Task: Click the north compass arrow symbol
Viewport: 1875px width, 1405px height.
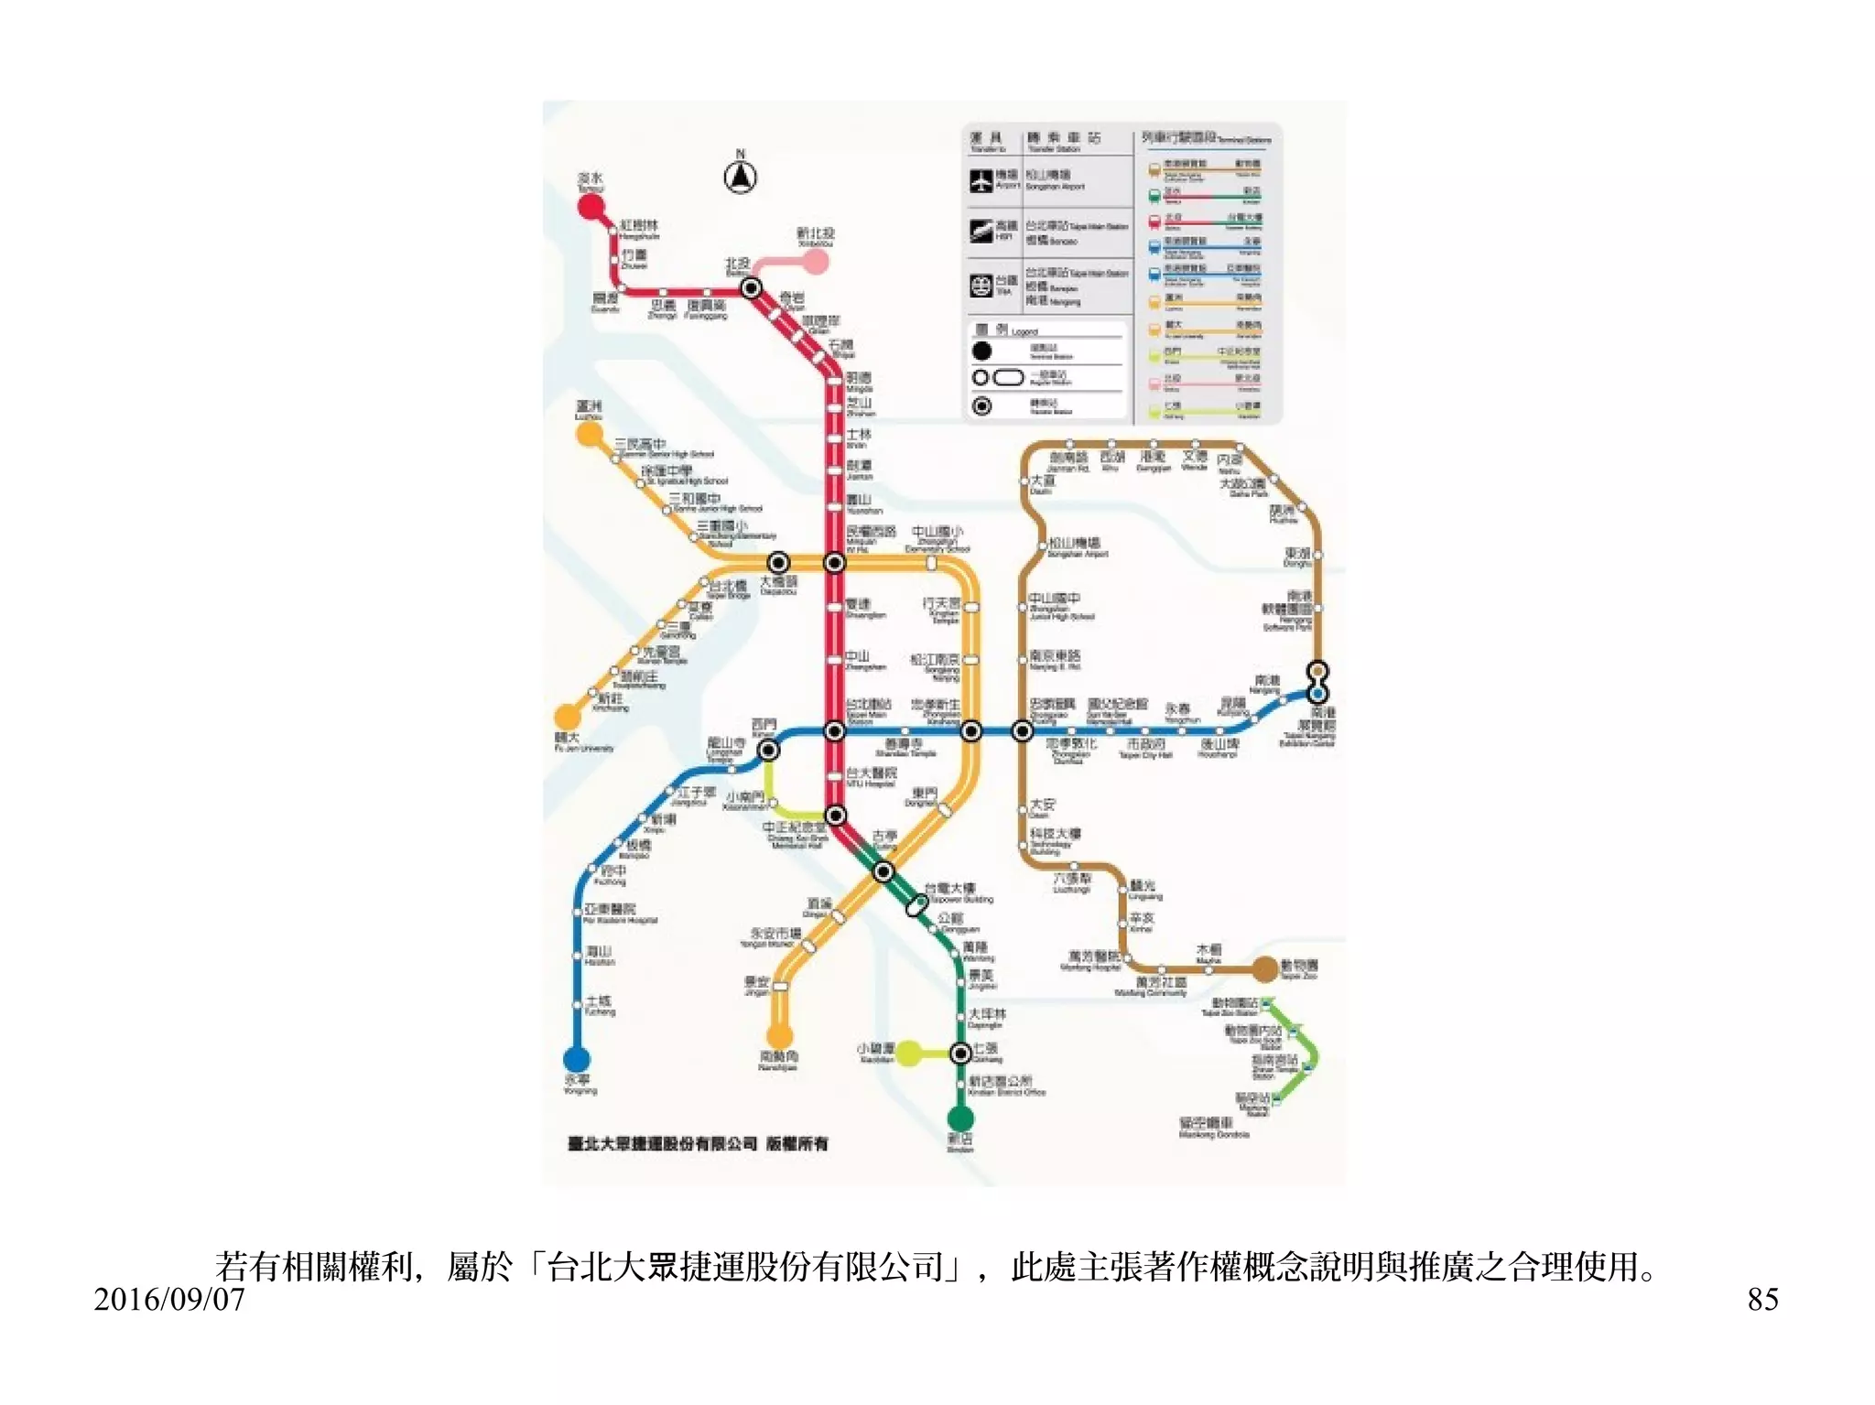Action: (x=740, y=176)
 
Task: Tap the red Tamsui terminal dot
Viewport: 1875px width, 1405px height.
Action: (x=591, y=206)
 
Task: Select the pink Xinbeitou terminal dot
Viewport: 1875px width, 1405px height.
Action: (x=816, y=262)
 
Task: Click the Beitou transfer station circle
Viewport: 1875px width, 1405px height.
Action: (x=751, y=288)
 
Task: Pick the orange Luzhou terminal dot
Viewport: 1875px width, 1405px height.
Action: (x=589, y=434)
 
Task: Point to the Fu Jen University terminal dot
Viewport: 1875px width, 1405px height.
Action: (x=568, y=716)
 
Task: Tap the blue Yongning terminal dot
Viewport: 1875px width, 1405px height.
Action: (x=576, y=1059)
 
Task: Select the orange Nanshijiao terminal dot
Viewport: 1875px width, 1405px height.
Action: (x=779, y=1036)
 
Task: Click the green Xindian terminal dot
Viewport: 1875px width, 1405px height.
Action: (x=959, y=1118)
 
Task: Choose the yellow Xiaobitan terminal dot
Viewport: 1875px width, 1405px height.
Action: (x=908, y=1054)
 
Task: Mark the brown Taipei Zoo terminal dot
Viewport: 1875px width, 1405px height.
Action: (x=1264, y=968)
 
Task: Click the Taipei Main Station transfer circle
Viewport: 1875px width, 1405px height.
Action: (x=834, y=731)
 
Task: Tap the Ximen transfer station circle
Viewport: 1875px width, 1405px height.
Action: (x=769, y=751)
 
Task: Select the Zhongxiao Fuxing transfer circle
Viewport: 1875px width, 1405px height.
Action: (x=1023, y=731)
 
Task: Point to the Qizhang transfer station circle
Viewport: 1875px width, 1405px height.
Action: (x=959, y=1054)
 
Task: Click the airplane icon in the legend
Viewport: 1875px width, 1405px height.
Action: (x=981, y=179)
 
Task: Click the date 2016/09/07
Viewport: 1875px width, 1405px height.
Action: (x=169, y=1299)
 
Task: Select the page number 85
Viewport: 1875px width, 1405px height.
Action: (x=1762, y=1299)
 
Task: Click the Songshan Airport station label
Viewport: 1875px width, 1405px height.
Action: (x=1077, y=546)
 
